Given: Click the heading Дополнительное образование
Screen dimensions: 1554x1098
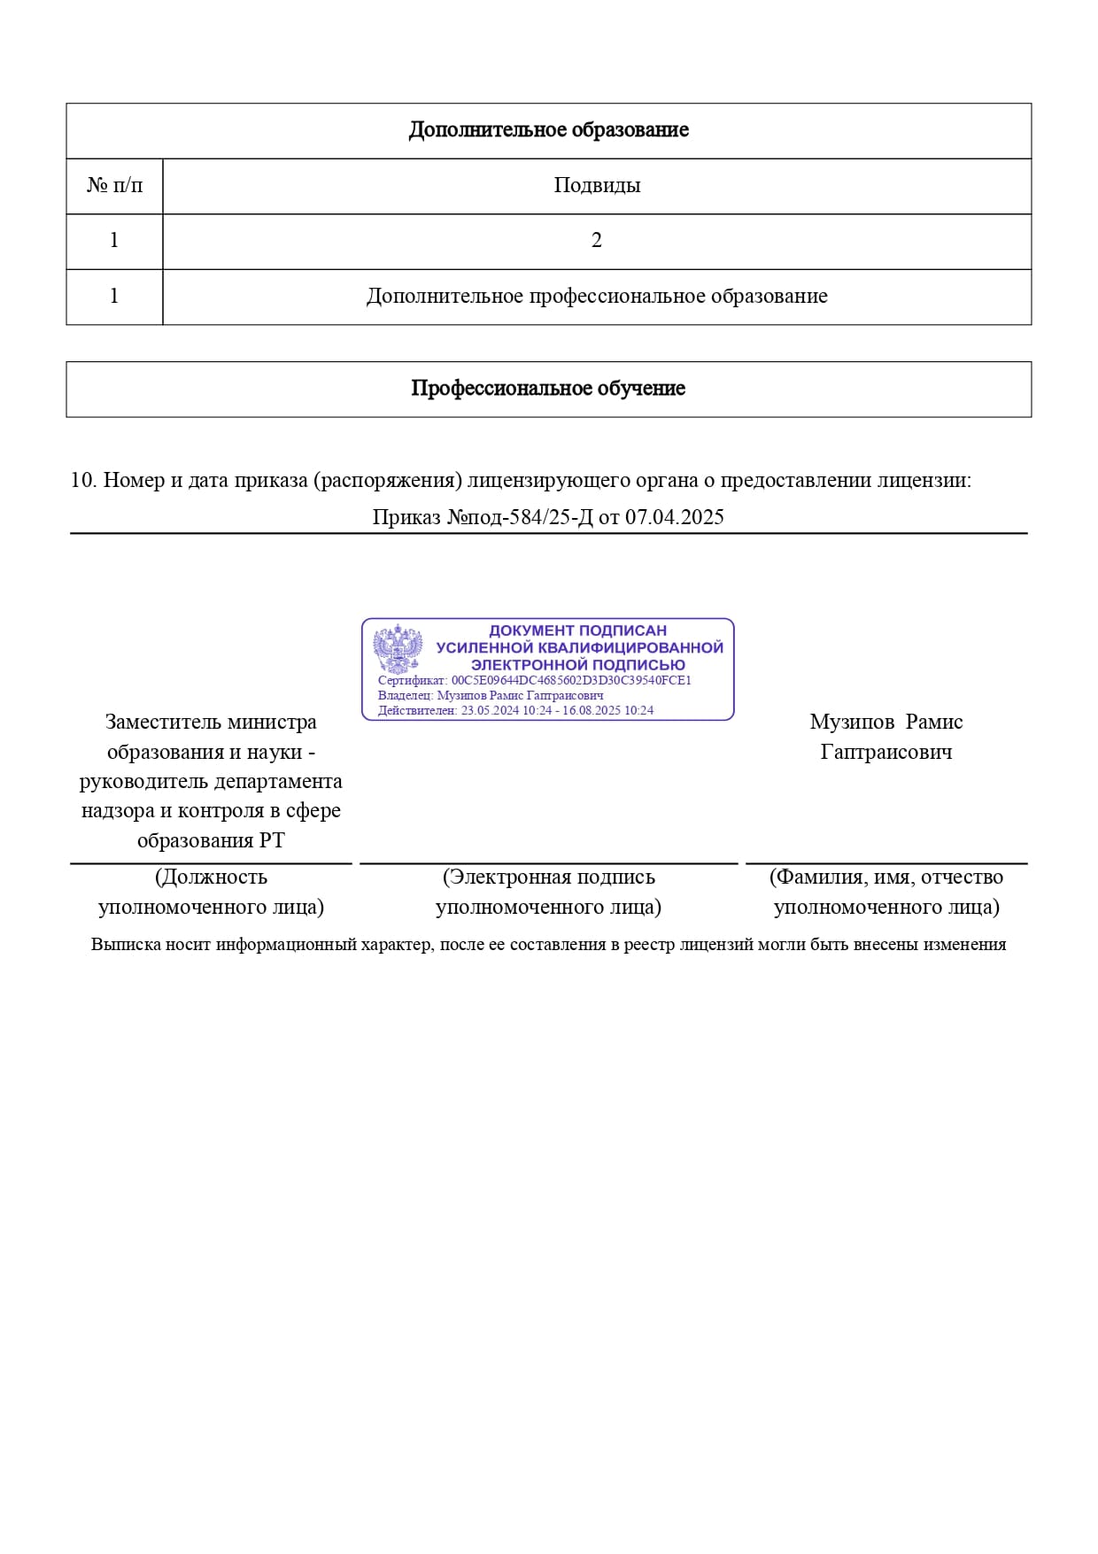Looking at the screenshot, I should [548, 130].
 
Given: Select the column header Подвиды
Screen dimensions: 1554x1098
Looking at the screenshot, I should [597, 185].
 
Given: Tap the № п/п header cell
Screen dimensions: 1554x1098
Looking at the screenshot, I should [114, 185].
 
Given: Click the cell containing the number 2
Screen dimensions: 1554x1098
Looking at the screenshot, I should [597, 240].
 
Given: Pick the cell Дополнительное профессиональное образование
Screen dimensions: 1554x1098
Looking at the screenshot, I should [597, 296].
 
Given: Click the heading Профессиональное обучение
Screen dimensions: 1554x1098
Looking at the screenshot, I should [548, 389].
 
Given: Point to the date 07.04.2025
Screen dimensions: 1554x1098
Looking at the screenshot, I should [675, 517].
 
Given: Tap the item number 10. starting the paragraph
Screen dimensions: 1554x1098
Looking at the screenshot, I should [83, 480].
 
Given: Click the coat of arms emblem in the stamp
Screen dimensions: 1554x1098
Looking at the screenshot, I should [398, 650].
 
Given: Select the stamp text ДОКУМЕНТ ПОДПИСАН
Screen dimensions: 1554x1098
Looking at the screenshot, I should [577, 630].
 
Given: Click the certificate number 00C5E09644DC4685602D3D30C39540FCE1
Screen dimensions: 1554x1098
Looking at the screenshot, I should [571, 680].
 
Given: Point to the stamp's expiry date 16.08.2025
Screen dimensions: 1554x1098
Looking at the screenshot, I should [593, 710].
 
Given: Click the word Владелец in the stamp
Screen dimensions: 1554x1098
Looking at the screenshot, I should [406, 695].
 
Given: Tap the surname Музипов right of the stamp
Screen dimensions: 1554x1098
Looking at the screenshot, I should [852, 722].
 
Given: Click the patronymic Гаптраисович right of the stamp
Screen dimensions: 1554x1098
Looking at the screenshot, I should [886, 752].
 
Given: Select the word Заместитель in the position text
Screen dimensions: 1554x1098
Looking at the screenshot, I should [164, 722].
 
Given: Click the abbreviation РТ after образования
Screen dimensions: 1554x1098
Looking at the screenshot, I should [272, 839].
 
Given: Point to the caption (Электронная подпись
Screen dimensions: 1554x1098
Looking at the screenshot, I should [549, 877].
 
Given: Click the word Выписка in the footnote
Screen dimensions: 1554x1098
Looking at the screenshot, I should [126, 944].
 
